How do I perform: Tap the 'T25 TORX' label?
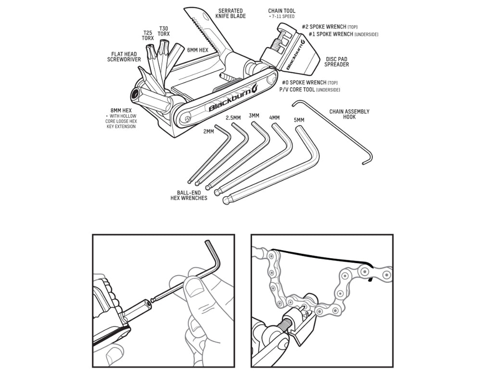pos(148,35)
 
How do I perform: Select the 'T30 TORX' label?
pos(164,31)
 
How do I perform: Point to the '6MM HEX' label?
pos(198,50)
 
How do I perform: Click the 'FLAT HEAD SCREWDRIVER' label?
pos(124,57)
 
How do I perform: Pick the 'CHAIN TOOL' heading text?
pos(281,11)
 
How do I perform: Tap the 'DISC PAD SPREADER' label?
pos(337,62)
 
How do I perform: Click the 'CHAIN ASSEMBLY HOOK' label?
pos(349,114)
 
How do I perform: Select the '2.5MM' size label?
pos(233,118)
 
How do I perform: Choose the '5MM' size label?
pos(299,120)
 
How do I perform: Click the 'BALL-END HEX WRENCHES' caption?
pos(189,196)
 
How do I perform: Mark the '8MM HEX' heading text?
pos(121,110)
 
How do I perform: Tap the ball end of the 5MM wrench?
pos(227,200)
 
